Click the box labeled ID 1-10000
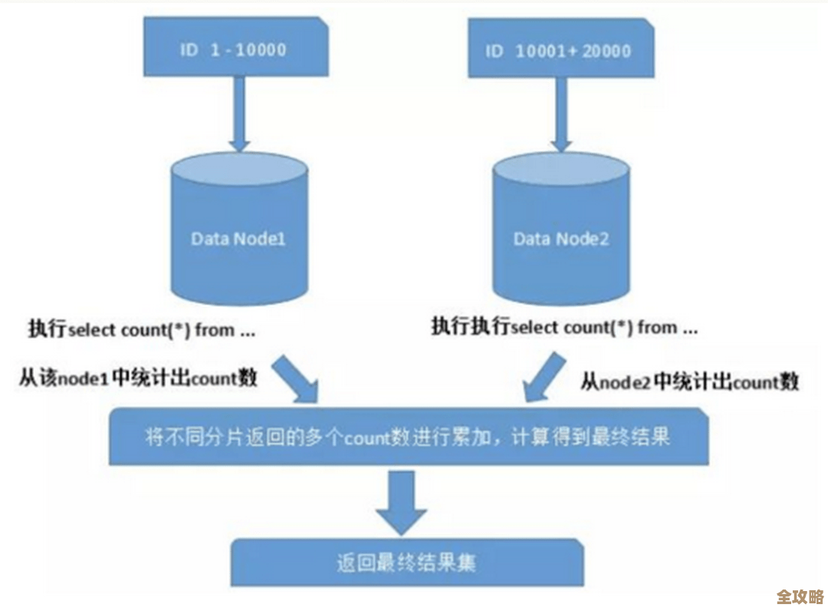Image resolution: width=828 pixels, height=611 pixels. tap(238, 49)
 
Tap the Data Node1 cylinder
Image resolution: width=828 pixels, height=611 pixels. tap(238, 230)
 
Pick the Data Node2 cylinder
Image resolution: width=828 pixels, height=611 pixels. tap(562, 230)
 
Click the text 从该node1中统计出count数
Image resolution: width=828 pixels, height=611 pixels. tap(138, 378)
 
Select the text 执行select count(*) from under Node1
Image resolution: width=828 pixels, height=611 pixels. tap(141, 331)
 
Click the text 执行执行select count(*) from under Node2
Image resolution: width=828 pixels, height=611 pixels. tap(564, 328)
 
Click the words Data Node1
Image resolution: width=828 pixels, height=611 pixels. tap(238, 239)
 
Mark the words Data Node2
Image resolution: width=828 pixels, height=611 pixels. tap(561, 239)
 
